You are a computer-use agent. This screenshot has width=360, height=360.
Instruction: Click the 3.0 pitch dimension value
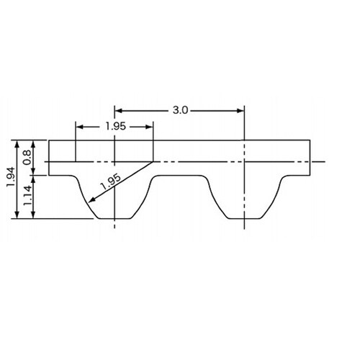180,110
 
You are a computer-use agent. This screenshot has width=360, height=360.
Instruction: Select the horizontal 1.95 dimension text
116,126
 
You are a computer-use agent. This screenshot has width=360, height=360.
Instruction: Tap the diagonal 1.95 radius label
111,181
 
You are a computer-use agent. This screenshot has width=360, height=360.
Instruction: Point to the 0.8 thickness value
27,157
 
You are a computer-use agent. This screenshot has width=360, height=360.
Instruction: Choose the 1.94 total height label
11,177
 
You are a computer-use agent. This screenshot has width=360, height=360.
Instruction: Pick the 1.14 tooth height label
27,195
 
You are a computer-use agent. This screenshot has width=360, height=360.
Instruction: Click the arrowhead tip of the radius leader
89,202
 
